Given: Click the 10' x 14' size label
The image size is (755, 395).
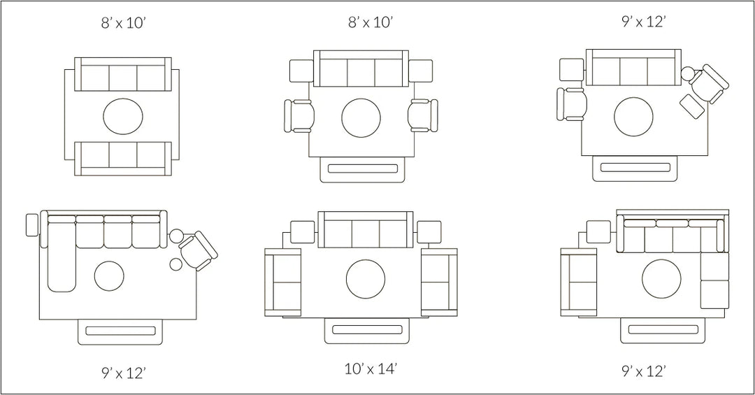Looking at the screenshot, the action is [371, 369].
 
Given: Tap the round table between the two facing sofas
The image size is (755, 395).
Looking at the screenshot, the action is [123, 116].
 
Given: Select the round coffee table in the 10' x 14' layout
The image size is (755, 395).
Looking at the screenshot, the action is [366, 280].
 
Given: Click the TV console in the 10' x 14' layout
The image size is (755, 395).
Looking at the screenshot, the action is [367, 331].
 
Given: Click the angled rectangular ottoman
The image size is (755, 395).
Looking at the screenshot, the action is [692, 106].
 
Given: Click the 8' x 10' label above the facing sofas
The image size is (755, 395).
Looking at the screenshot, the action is [123, 22].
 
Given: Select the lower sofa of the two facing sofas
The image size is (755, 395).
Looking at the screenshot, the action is [123, 159].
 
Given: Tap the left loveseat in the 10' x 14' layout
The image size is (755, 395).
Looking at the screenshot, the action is [282, 282].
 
